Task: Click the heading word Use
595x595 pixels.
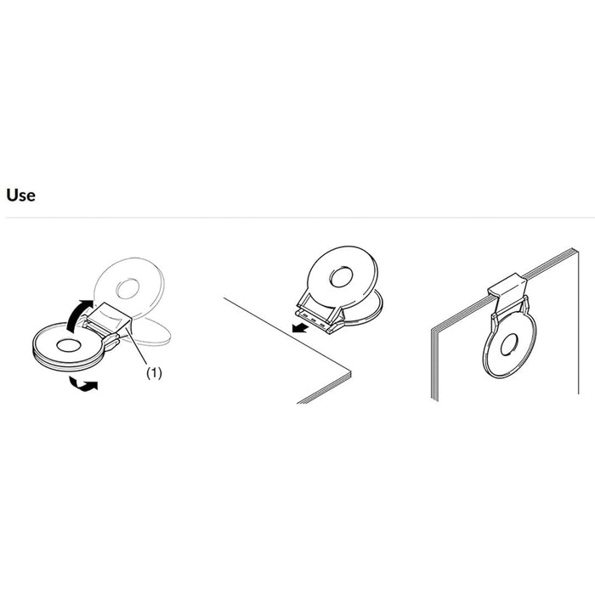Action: [x=21, y=195]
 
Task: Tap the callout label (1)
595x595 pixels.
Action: [x=154, y=373]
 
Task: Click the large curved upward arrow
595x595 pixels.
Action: [x=77, y=315]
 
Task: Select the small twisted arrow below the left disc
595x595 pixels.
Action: [x=84, y=384]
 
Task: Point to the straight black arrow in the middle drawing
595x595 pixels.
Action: [x=300, y=327]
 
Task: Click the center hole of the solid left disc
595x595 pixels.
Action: [x=68, y=345]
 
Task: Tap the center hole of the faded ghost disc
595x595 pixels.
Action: [x=127, y=289]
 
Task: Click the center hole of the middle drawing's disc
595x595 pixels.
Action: [x=341, y=276]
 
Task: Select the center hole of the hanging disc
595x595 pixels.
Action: [x=509, y=345]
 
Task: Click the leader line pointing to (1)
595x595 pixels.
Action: [x=138, y=347]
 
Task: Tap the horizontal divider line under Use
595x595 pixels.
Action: [x=301, y=218]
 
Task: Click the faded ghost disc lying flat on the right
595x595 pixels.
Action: [x=150, y=331]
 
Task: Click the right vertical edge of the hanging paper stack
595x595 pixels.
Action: [x=578, y=322]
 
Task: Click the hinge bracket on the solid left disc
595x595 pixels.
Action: [x=110, y=340]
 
